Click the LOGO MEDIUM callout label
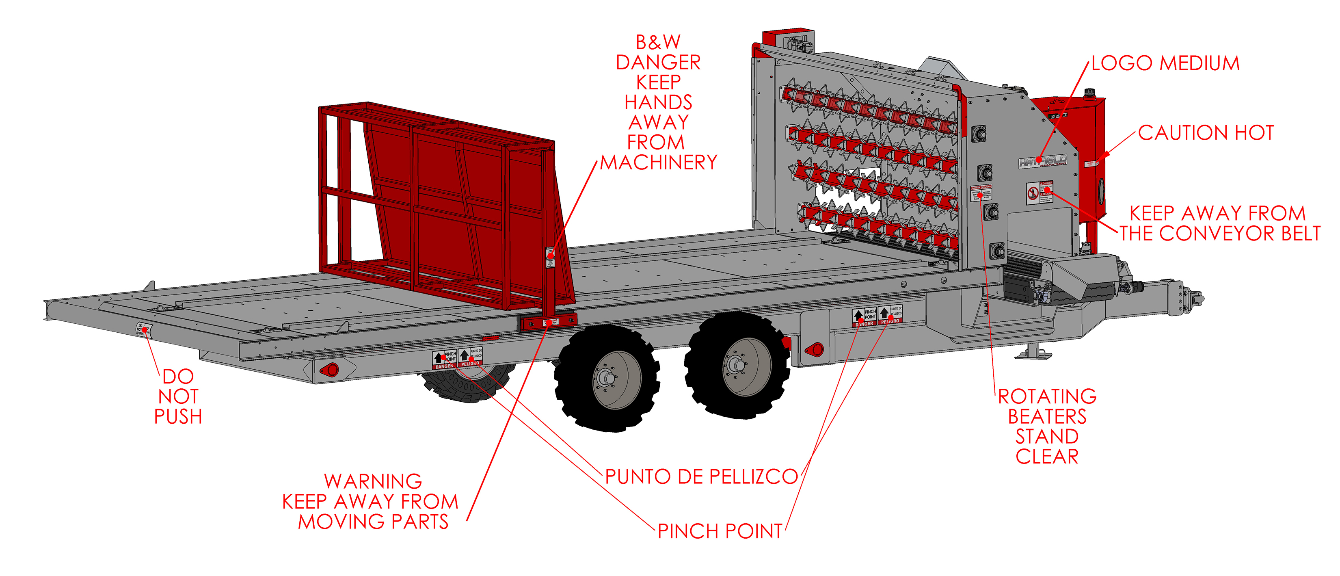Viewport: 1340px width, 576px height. [x=1165, y=63]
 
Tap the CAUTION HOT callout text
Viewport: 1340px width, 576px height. [x=1206, y=133]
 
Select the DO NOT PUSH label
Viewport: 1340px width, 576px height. [x=178, y=396]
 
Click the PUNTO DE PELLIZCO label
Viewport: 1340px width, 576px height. [x=701, y=476]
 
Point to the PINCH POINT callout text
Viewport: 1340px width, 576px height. [x=720, y=531]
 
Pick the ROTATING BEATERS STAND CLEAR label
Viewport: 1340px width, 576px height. [x=1047, y=426]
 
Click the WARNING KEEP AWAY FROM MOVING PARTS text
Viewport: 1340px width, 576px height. [x=371, y=502]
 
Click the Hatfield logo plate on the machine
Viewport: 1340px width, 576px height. [x=1043, y=161]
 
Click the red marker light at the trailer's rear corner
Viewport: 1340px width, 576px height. [x=329, y=370]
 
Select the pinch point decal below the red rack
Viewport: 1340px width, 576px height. [x=457, y=359]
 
